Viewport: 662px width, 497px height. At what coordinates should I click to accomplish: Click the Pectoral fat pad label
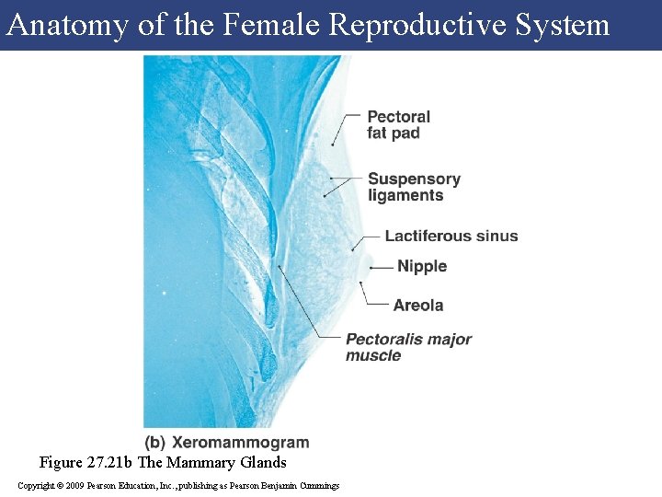[x=398, y=125]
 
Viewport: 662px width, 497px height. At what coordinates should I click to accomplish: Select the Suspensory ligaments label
[x=413, y=187]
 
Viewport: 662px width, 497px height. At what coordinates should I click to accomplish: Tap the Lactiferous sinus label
[x=451, y=237]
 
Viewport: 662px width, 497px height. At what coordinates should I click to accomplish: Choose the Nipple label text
[x=421, y=267]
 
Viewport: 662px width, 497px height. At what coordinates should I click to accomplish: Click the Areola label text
[x=418, y=306]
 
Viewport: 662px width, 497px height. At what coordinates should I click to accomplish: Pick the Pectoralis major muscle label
[x=407, y=347]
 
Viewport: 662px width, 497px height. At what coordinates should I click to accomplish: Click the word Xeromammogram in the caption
[x=241, y=443]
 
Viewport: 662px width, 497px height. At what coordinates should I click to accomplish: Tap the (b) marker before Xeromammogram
[x=155, y=443]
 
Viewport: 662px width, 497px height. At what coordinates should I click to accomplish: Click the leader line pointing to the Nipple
[x=382, y=267]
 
